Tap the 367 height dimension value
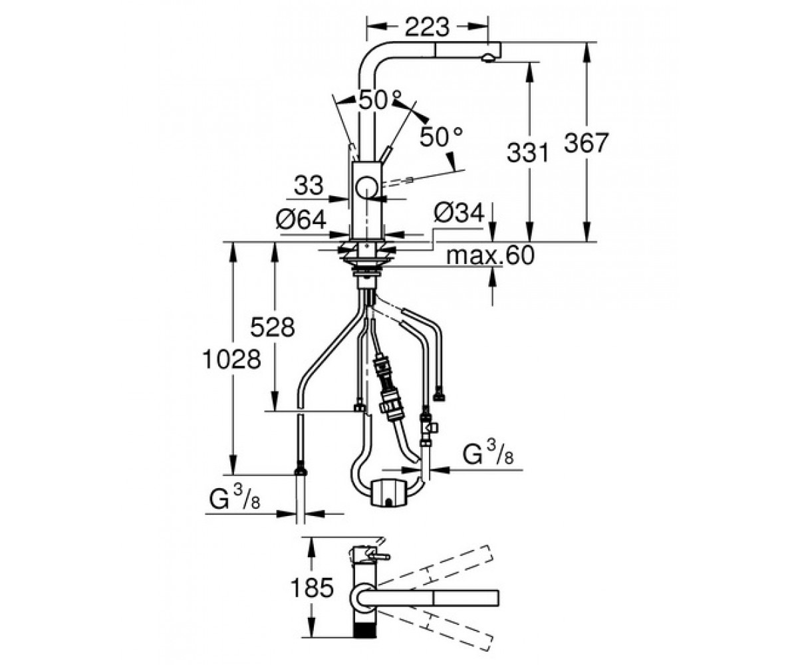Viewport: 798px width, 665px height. (x=585, y=144)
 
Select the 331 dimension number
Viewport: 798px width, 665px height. (x=528, y=152)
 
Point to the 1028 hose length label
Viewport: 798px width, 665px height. (x=231, y=360)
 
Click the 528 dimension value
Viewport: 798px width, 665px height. (x=273, y=327)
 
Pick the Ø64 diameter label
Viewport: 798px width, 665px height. (x=301, y=219)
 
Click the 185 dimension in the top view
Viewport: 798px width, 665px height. (x=312, y=587)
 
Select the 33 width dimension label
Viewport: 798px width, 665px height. (x=309, y=185)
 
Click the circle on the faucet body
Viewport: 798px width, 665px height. (x=366, y=188)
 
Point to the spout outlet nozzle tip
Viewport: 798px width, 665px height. (x=488, y=59)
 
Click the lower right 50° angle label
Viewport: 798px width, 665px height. (x=441, y=137)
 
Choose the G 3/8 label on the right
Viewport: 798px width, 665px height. (x=488, y=453)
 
